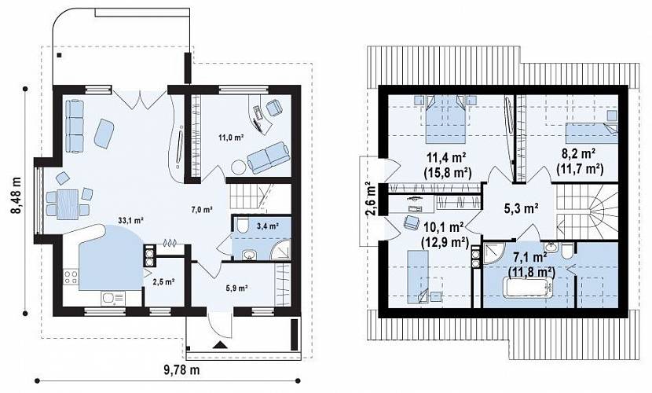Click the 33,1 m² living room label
click(130, 220)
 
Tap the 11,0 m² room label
click(231, 137)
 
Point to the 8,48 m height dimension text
click(16, 195)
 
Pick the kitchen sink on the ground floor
click(112, 298)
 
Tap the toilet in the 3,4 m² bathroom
click(242, 226)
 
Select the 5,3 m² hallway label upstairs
click(522, 208)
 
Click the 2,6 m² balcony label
click(371, 198)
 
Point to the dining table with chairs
click(68, 204)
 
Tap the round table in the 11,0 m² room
click(239, 167)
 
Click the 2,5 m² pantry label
click(163, 281)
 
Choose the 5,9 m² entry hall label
click(237, 288)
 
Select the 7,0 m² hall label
click(202, 210)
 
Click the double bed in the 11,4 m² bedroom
click(445, 119)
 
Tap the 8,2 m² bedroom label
click(578, 153)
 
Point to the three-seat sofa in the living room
click(75, 127)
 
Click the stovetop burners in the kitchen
click(71, 277)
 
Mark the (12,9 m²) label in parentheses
click(445, 241)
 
